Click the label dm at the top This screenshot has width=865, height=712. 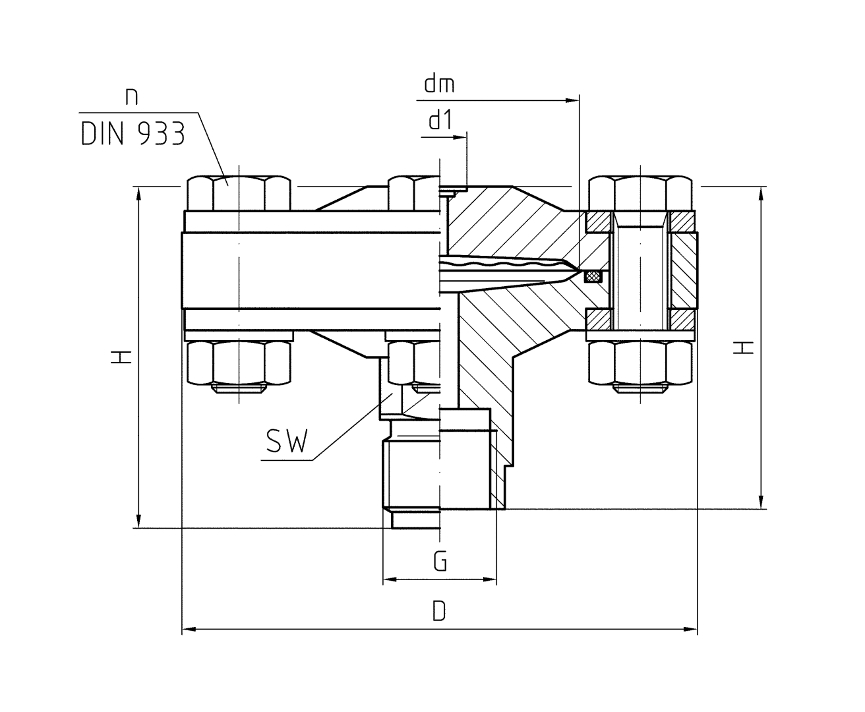[x=439, y=85]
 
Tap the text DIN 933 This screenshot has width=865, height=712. [x=132, y=134]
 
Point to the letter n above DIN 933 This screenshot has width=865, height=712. [x=132, y=96]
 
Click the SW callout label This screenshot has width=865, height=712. [x=287, y=441]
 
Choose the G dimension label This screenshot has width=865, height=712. [x=440, y=562]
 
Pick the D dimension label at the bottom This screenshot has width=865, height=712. [x=439, y=611]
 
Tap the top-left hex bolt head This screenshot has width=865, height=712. [x=238, y=193]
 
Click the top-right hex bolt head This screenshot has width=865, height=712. [x=640, y=193]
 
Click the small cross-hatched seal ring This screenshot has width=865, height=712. [x=594, y=276]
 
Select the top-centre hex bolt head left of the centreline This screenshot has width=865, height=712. [x=413, y=192]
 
